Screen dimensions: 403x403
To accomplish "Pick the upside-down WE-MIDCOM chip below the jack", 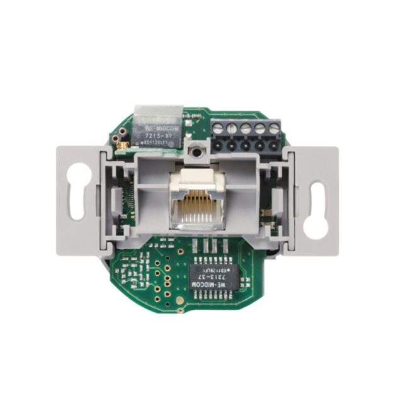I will [213, 276].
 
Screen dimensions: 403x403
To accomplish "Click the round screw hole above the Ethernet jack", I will [197, 152].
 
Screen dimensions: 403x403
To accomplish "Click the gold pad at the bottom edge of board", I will [179, 310].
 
